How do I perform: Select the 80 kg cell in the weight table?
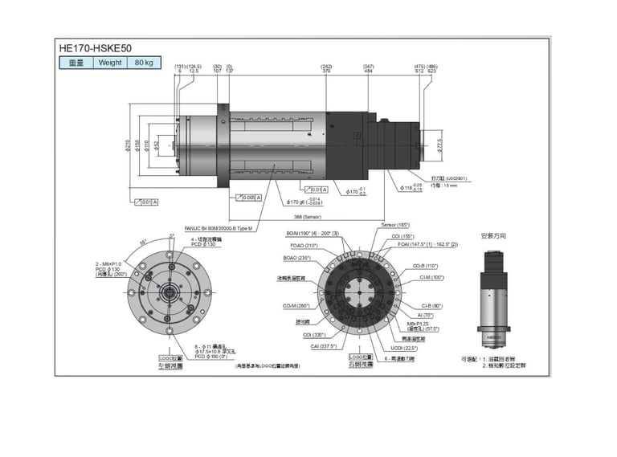[x=144, y=63]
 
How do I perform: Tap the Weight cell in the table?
[x=110, y=63]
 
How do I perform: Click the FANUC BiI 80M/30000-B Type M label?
[x=219, y=228]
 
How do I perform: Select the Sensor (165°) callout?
[x=395, y=225]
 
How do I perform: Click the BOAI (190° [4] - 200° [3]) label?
[x=313, y=233]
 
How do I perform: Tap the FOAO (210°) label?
[x=302, y=245]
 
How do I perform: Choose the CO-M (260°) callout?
[x=296, y=305]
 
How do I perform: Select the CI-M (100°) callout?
[x=432, y=277]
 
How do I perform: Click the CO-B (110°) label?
[x=425, y=265]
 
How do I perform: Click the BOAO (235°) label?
[x=296, y=258]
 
